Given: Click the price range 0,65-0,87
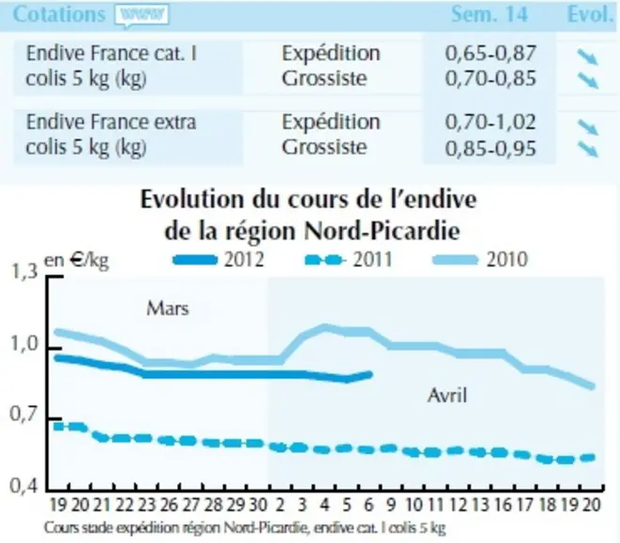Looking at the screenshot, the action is [x=490, y=54].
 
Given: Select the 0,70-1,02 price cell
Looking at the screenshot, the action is [x=490, y=123].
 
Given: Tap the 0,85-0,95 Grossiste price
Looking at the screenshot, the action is [x=490, y=148].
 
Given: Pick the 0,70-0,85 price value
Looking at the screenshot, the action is [x=490, y=78].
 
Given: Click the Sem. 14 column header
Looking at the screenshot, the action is [x=490, y=14].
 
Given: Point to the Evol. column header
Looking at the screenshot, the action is [x=590, y=14].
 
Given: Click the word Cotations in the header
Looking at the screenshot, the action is [x=59, y=14].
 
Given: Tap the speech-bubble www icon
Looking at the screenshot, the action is [x=141, y=16].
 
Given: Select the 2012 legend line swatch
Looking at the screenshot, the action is [x=195, y=260].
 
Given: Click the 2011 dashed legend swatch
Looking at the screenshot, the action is [x=324, y=260].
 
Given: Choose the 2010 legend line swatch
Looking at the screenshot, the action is [x=455, y=260].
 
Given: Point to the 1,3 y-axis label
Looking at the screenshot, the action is [x=24, y=271].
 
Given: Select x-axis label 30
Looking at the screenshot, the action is [x=258, y=505].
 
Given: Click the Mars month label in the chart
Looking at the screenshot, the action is [x=168, y=308].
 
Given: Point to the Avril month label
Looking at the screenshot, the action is [x=448, y=395].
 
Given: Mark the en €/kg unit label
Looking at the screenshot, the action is [x=76, y=261].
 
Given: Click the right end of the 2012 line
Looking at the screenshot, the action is [x=371, y=373].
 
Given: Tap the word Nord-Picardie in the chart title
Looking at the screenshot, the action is [x=383, y=231].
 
